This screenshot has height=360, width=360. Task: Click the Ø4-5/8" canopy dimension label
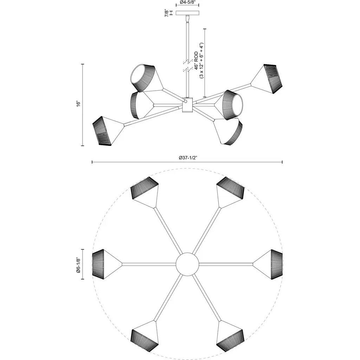(x=187, y=2)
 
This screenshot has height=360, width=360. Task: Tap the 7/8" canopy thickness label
(x=167, y=13)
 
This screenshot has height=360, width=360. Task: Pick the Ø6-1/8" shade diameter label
(x=78, y=265)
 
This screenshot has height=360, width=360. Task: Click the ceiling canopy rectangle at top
(x=187, y=13)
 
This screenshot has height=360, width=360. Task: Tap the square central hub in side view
(x=187, y=105)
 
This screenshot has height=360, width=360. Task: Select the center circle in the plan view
(x=187, y=264)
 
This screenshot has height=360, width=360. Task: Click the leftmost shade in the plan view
(x=107, y=264)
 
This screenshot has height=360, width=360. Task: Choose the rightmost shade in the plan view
(x=268, y=264)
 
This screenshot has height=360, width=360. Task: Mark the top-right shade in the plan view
(x=230, y=192)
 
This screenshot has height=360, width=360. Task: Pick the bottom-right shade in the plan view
(x=230, y=336)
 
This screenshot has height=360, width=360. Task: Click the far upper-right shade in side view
(x=267, y=79)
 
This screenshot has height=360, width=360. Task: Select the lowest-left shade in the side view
(x=108, y=131)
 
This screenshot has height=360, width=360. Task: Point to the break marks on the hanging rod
(x=187, y=65)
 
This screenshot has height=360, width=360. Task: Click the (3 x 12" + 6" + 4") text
(x=202, y=61)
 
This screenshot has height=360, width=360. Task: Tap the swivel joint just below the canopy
(x=188, y=19)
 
